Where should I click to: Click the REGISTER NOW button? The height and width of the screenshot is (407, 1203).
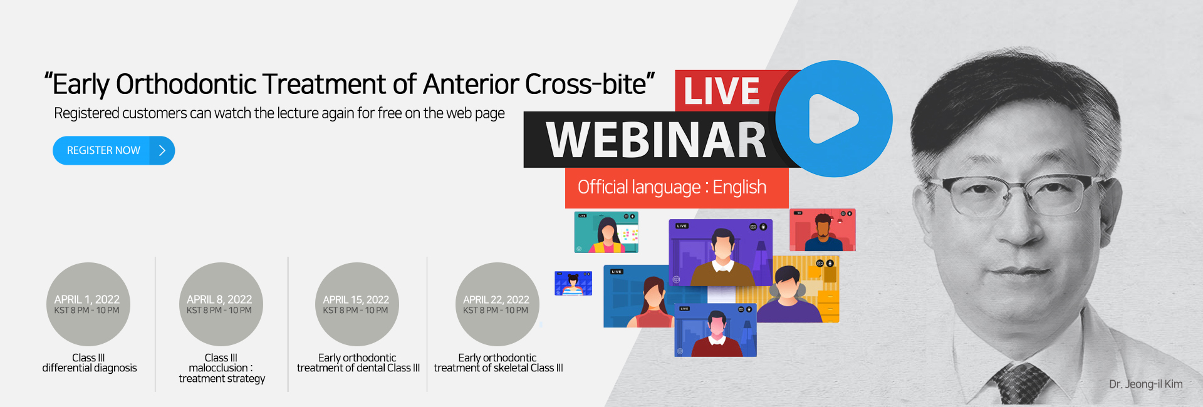[x=113, y=150]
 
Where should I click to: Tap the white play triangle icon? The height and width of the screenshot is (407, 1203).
[x=831, y=118]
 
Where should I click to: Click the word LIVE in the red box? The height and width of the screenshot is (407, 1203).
[x=722, y=91]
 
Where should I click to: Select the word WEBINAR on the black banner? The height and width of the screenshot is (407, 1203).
[x=656, y=140]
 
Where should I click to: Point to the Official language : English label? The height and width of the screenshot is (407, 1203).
[x=672, y=187]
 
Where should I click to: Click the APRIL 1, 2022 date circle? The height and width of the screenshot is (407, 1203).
[x=88, y=304]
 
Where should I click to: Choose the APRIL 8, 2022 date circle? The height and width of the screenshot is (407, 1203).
[x=221, y=304]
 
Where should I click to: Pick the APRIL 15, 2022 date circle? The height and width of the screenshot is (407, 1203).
[x=357, y=304]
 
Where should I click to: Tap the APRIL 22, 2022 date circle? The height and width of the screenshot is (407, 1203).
[x=497, y=304]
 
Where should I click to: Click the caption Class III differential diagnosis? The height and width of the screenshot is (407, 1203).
[x=89, y=363]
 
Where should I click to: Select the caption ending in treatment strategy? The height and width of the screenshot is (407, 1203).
[x=222, y=368]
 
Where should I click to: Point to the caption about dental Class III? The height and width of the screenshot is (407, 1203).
[x=358, y=363]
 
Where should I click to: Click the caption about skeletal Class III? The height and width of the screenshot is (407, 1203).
[x=498, y=363]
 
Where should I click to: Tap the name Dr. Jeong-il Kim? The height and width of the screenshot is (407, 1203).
[x=1145, y=384]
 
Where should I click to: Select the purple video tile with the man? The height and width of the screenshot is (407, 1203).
[x=721, y=252]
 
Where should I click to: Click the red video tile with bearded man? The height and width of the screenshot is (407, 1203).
[x=822, y=230]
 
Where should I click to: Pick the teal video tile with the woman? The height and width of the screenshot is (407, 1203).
[x=606, y=232]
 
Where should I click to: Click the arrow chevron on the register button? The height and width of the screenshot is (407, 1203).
[x=162, y=150]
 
